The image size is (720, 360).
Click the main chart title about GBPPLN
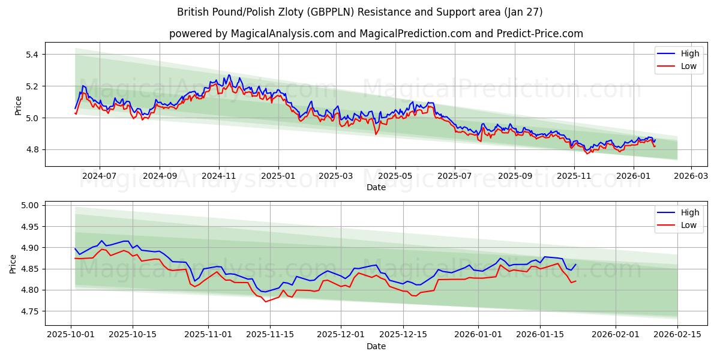[360, 12]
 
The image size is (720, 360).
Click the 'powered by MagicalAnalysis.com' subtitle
[376, 34]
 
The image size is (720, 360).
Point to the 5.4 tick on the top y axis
[31, 55]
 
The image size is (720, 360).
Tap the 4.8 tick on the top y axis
[31, 149]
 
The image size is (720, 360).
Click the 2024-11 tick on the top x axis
[218, 176]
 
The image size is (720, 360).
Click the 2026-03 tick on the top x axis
[691, 176]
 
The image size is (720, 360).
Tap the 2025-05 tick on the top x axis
[395, 176]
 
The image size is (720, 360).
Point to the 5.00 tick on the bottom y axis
[28, 205]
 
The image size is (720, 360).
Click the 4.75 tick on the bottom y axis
[28, 311]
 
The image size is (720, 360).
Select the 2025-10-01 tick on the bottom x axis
[71, 335]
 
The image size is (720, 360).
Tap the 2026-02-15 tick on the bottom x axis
[677, 335]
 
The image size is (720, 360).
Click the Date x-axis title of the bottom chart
[376, 346]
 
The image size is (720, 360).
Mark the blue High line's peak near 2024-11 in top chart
[229, 75]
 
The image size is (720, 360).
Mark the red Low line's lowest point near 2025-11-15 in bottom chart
[266, 301]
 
